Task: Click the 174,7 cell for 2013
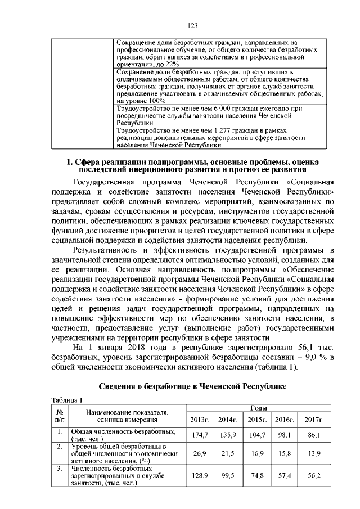pyautogui.click(x=200, y=435)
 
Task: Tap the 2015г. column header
pyautogui.click(x=256, y=420)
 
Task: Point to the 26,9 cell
pyautogui.click(x=200, y=453)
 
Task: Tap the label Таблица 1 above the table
pyautogui.click(x=66, y=400)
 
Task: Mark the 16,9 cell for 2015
pyautogui.click(x=256, y=453)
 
